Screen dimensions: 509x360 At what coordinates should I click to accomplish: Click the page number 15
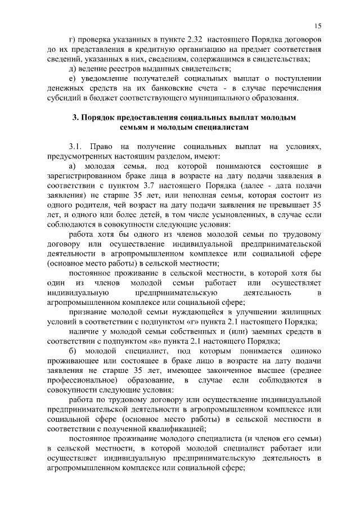pyautogui.click(x=318, y=26)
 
